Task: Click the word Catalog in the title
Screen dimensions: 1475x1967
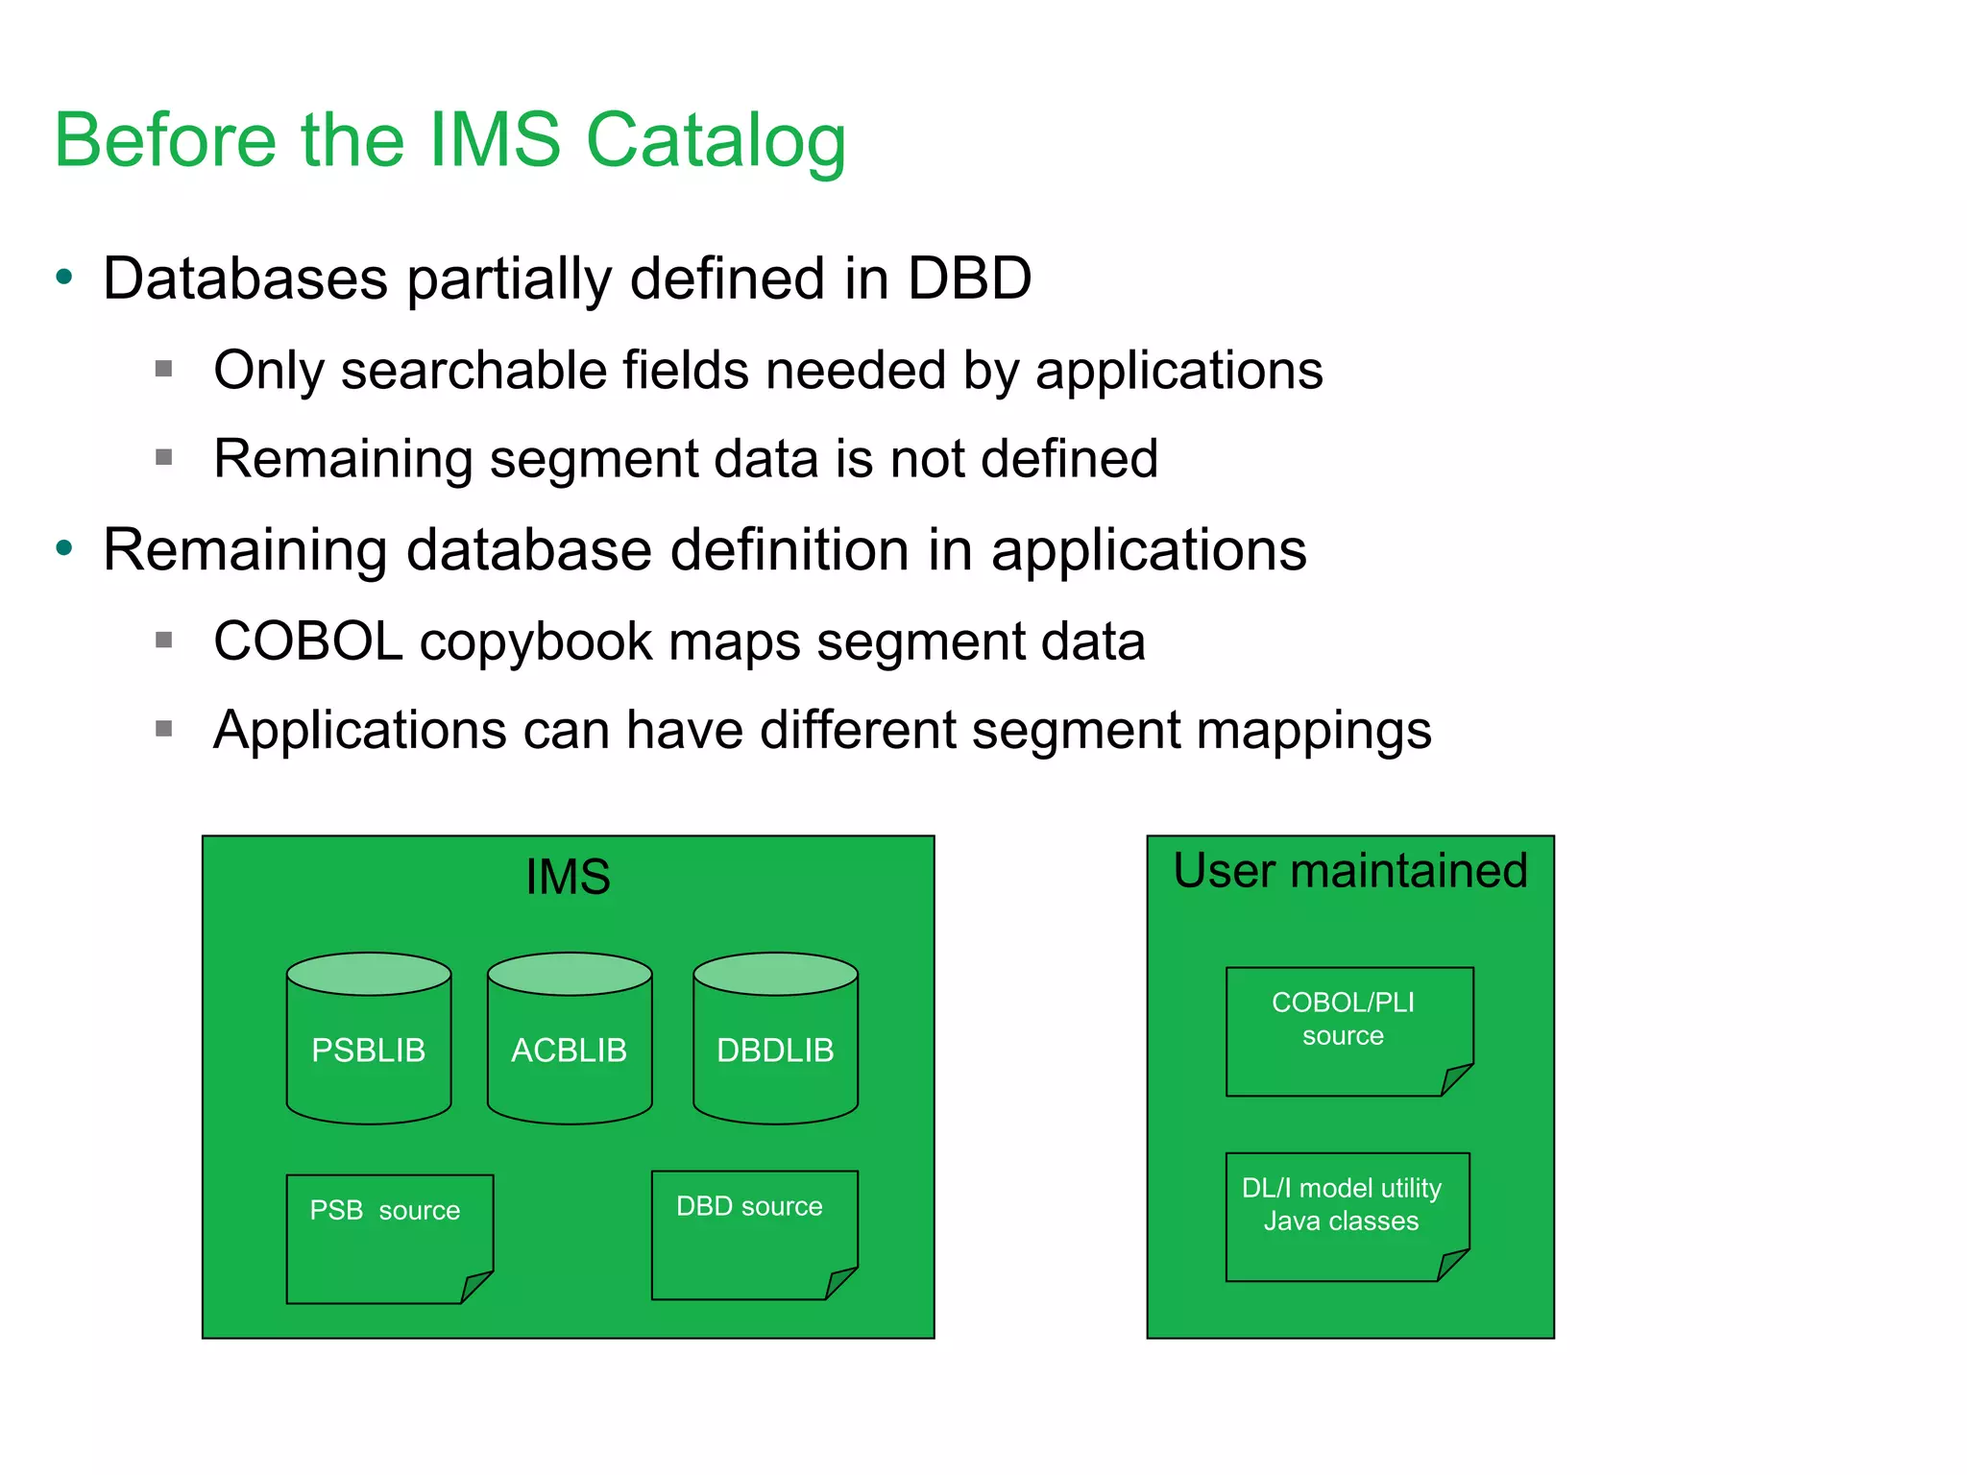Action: (x=716, y=141)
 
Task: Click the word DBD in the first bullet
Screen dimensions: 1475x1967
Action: (x=969, y=278)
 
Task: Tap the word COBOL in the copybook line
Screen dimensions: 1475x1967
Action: (x=307, y=641)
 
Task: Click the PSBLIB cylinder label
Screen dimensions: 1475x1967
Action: (x=368, y=1051)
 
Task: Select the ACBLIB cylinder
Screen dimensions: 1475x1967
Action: (x=569, y=1051)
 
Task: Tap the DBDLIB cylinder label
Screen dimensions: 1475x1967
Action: (x=775, y=1051)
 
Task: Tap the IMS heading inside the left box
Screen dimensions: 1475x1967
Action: (x=568, y=877)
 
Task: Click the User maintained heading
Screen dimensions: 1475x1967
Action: (x=1349, y=871)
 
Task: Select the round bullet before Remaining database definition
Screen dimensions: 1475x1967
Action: (x=64, y=549)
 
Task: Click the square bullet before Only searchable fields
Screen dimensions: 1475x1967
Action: (x=164, y=369)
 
